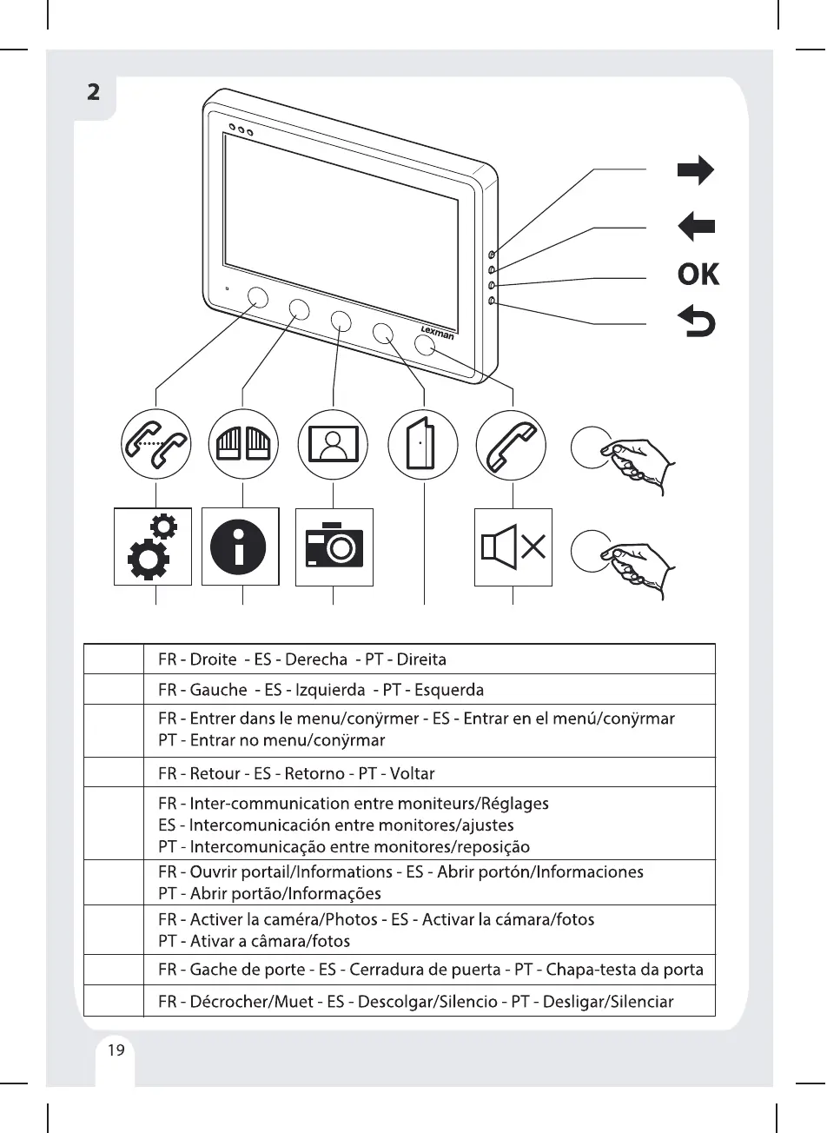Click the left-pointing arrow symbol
pyautogui.click(x=696, y=228)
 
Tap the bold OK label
pyautogui.click(x=698, y=275)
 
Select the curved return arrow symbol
pyautogui.click(x=697, y=322)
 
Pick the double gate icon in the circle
pyautogui.click(x=244, y=444)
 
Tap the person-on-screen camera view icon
pyautogui.click(x=334, y=444)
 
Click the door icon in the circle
pyautogui.click(x=423, y=444)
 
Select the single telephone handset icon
pyautogui.click(x=512, y=444)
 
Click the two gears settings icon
pyautogui.click(x=153, y=547)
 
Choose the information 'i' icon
pyautogui.click(x=240, y=547)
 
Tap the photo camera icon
pyautogui.click(x=334, y=547)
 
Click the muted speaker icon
pyautogui.click(x=513, y=547)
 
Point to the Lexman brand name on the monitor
pyautogui.click(x=437, y=332)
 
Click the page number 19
pyautogui.click(x=116, y=1050)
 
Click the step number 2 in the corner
pyautogui.click(x=94, y=91)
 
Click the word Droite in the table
pyautogui.click(x=213, y=659)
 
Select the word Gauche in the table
pyautogui.click(x=218, y=690)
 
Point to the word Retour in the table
pyautogui.click(x=216, y=773)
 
